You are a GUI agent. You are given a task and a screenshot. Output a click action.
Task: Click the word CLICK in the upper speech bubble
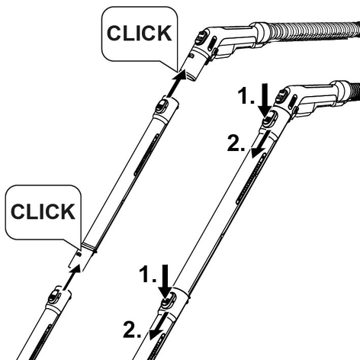139,34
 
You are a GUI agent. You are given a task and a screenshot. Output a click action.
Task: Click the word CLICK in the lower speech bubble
43,212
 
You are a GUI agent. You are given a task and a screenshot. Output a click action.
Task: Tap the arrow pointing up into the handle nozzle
176,84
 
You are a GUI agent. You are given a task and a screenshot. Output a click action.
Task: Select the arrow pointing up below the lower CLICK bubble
72,278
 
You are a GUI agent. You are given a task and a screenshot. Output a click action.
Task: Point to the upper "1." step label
246,96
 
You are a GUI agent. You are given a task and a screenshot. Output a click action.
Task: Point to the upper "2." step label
236,143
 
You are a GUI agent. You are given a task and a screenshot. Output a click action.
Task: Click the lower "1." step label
148,275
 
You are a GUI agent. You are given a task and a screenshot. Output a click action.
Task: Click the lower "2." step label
132,329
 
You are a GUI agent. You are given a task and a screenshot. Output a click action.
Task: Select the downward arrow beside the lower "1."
166,281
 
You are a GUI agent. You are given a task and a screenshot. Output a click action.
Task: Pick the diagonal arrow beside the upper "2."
259,145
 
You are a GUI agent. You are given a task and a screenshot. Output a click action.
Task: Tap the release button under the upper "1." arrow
269,121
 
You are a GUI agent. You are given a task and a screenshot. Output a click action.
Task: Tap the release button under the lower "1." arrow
168,301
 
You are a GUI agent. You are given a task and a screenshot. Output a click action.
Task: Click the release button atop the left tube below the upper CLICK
162,106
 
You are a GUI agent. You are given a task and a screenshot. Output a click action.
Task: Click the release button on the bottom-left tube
53,297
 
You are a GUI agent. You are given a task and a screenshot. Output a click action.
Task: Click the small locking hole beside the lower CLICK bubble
79,254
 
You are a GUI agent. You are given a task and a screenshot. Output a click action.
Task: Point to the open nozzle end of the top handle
191,76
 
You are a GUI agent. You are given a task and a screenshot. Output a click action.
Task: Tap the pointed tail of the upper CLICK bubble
177,71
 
